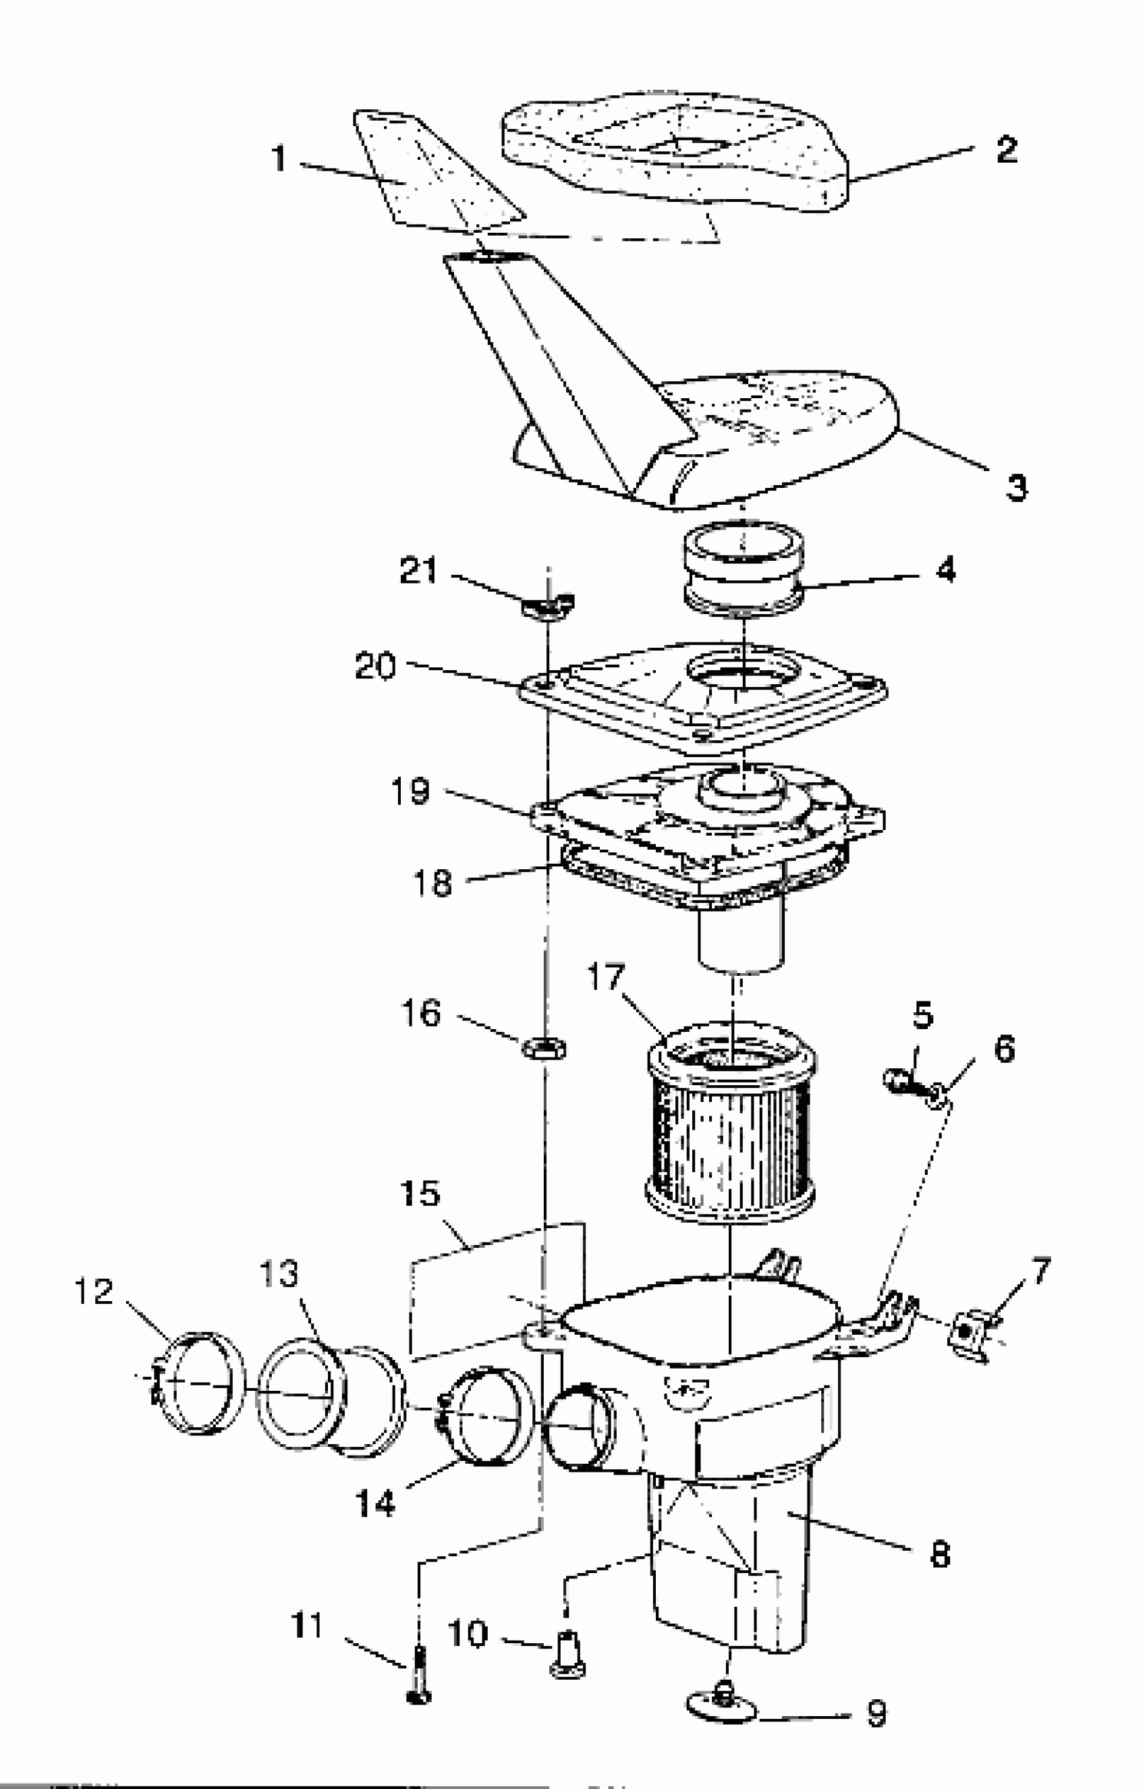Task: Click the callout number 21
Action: [418, 572]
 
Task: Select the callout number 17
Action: [605, 976]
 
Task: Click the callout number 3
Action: [1016, 488]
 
